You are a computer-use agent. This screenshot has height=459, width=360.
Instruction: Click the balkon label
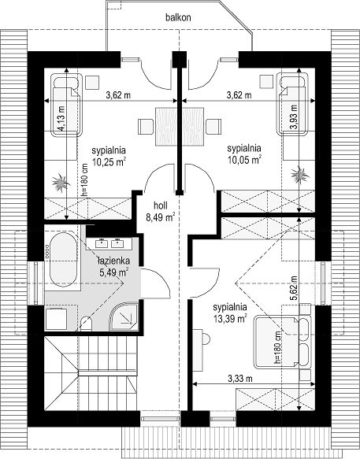point(178,17)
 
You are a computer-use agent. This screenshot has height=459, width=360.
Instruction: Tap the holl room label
point(161,205)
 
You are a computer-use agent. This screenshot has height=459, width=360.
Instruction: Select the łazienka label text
point(114,261)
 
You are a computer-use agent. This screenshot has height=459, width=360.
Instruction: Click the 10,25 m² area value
point(109,162)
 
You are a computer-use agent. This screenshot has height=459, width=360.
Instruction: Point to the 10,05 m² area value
point(244,160)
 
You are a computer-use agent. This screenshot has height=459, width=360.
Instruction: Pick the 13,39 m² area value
point(230,319)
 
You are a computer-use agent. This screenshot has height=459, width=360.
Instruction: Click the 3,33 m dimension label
point(240,379)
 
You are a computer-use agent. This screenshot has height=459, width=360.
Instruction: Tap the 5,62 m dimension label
point(294,287)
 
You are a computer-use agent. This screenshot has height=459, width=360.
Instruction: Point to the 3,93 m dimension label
point(294,117)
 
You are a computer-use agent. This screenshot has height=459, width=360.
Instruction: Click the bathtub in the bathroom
point(63,260)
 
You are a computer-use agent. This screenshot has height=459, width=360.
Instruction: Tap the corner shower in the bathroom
point(124,317)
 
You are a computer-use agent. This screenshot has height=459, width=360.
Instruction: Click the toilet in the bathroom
point(86,324)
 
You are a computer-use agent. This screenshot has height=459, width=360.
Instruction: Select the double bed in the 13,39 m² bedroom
point(282,342)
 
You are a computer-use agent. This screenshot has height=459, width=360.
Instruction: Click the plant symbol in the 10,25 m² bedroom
point(61,183)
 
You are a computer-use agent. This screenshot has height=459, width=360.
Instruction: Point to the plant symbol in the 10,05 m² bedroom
point(300,175)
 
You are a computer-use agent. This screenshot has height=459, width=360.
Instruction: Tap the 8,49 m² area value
point(161,217)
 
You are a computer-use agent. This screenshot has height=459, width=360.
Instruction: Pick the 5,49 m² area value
point(114,272)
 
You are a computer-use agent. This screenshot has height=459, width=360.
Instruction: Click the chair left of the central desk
point(146,127)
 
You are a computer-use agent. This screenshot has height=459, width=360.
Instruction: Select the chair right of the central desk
point(213,127)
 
